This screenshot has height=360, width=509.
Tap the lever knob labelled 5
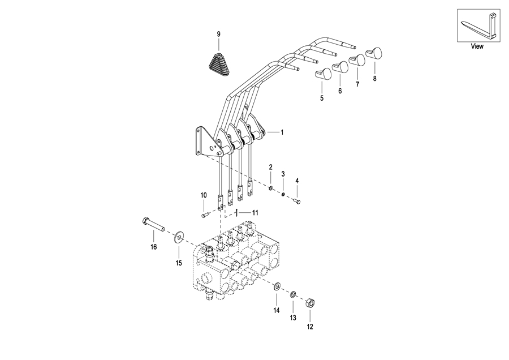[x=323, y=74]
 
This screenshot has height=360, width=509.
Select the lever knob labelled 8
[x=374, y=53]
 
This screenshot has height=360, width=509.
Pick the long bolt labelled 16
[x=153, y=225]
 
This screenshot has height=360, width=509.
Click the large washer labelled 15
[x=179, y=238]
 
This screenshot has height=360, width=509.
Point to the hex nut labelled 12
[x=310, y=304]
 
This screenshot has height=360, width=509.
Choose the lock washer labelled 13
[x=293, y=294]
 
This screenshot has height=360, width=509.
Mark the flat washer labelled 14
[x=277, y=286]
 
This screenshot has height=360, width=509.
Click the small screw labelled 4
[x=297, y=202]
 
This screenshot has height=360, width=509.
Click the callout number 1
[x=282, y=132]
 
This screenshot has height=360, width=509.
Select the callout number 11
[x=256, y=213]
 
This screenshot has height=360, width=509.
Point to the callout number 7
[x=357, y=84]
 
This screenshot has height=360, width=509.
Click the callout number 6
[x=340, y=91]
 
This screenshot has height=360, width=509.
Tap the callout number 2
[x=271, y=168]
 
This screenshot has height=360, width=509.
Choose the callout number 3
[x=283, y=174]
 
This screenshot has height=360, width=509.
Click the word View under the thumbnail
[x=477, y=46]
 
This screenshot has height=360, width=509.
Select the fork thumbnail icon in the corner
[x=478, y=25]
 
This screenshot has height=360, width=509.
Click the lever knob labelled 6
[x=340, y=67]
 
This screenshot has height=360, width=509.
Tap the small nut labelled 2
[x=270, y=188]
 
